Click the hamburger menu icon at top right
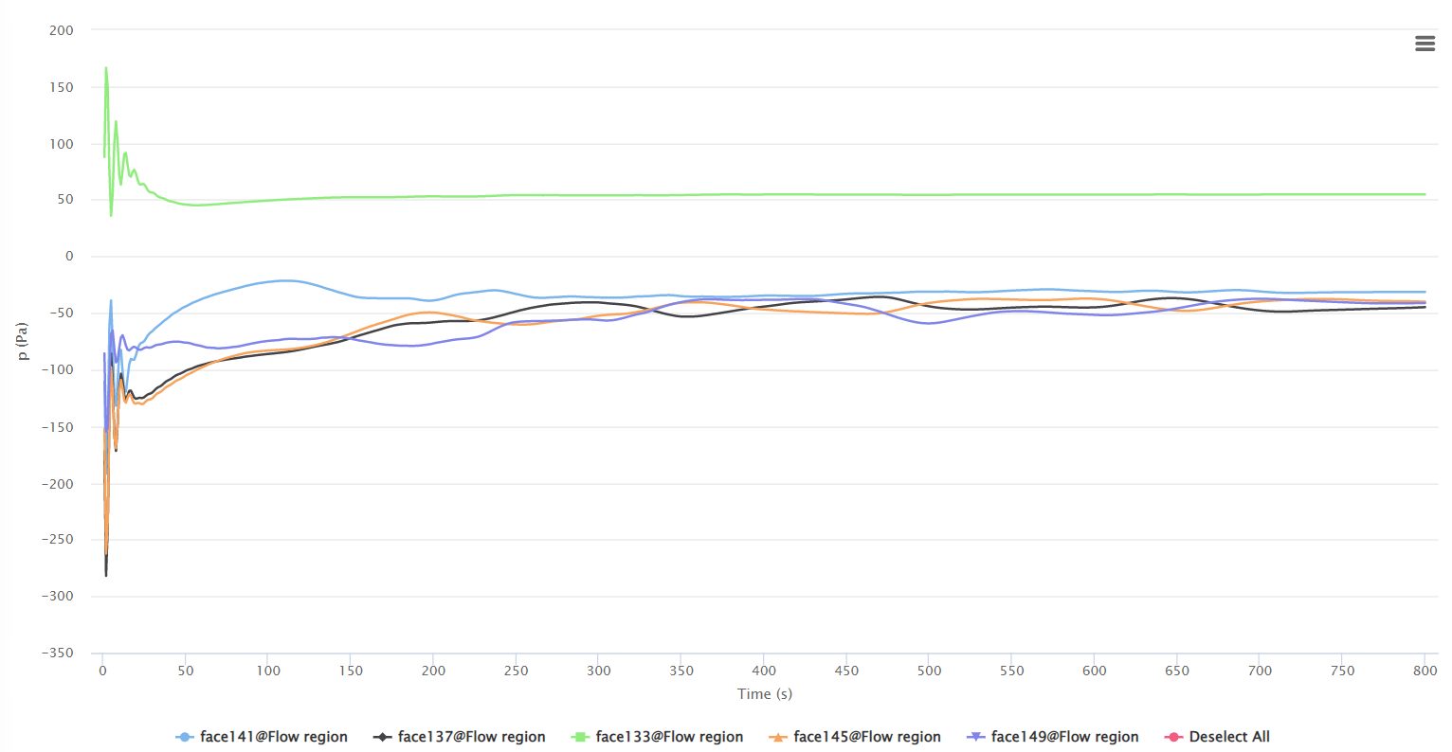tap(1425, 44)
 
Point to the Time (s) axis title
tap(765, 694)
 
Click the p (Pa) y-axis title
tap(22, 342)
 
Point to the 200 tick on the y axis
tap(61, 30)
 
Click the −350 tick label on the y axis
tap(57, 654)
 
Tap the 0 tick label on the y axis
tap(68, 257)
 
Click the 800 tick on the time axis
tap(1425, 671)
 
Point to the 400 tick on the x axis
tap(764, 671)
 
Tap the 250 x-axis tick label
tap(516, 671)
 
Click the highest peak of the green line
tap(105, 68)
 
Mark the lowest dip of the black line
tap(106, 575)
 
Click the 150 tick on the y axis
tap(61, 87)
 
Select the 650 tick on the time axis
tap(1177, 671)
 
